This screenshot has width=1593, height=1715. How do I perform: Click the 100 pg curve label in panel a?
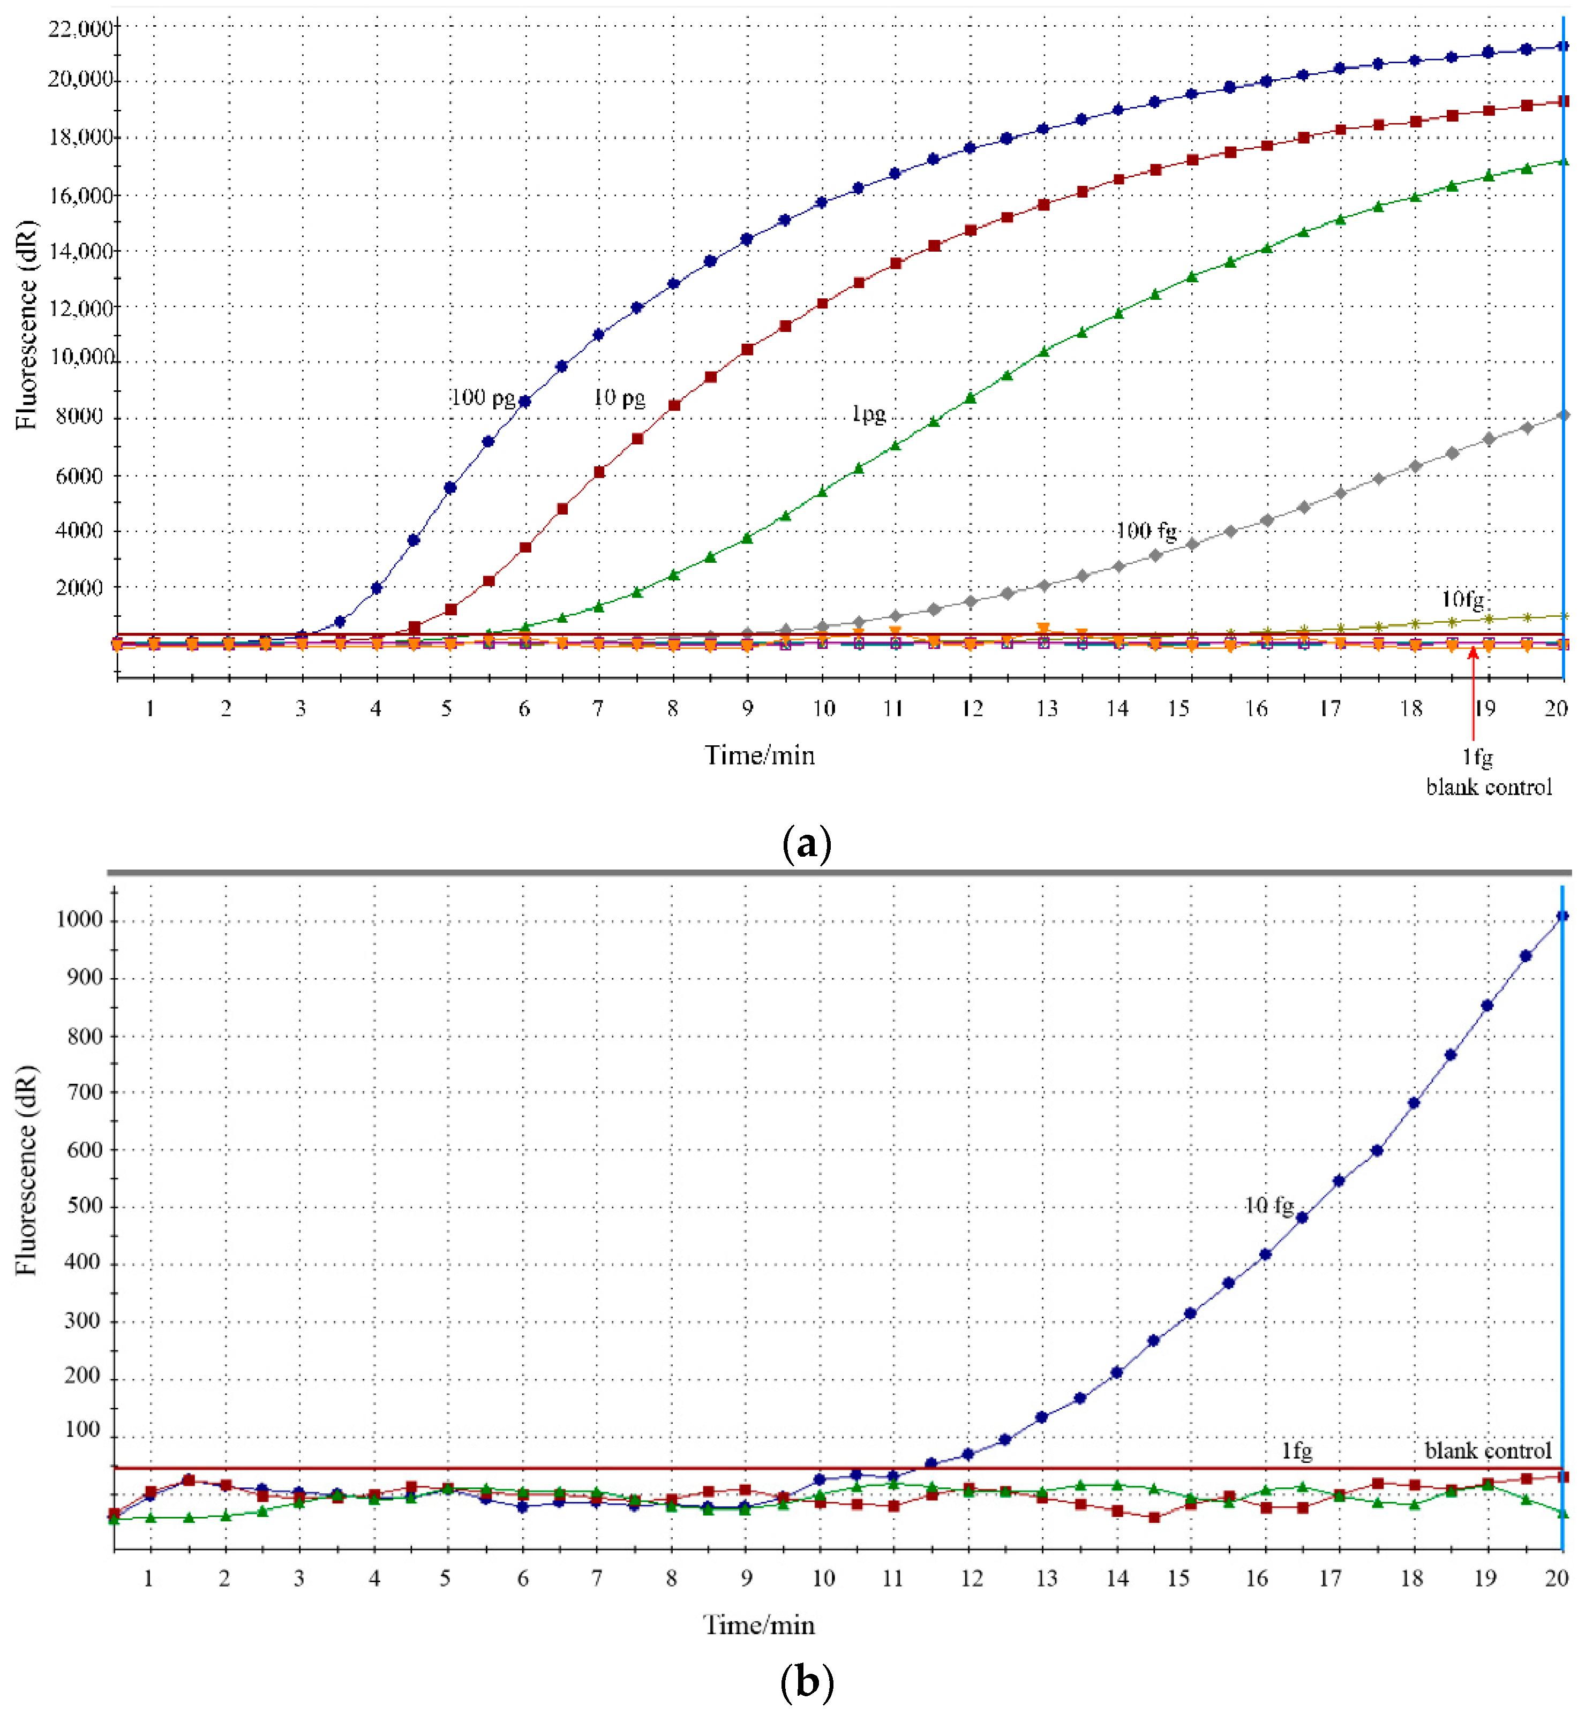click(483, 398)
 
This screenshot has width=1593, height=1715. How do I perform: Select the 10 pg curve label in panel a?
click(619, 398)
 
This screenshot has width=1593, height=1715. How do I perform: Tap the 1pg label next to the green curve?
click(868, 414)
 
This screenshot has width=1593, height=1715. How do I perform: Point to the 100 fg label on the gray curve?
click(1146, 531)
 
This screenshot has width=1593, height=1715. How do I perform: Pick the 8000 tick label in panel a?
click(79, 417)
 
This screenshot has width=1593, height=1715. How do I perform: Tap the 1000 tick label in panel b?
click(79, 919)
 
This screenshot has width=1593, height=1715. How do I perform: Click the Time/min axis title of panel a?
click(760, 756)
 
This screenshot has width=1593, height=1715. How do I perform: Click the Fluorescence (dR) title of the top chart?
click(26, 325)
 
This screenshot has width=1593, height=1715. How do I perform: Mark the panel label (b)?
click(806, 1682)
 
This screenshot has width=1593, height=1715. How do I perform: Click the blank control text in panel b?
click(1488, 1451)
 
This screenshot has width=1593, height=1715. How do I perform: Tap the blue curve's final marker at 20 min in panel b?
click(1562, 916)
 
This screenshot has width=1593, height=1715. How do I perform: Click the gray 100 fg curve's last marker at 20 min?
click(1564, 416)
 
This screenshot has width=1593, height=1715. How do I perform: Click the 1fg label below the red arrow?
click(1477, 758)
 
